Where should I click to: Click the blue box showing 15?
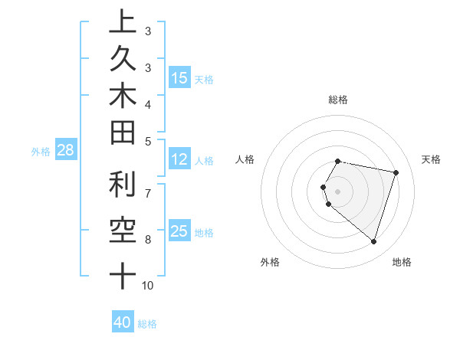pos(179,77)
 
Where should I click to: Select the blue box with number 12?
pos(179,159)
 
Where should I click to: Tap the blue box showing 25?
pos(179,231)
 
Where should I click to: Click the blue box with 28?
pos(66,150)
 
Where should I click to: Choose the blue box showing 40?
pos(123,322)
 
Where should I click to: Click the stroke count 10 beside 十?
pos(148,286)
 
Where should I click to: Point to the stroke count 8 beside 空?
pos(148,240)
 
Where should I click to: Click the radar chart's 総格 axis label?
pos(338,100)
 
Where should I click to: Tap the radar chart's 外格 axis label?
pos(270,262)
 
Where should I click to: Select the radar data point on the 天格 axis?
pos(396,172)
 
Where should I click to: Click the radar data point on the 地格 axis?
pos(373,241)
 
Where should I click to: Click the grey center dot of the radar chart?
pos(338,191)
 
